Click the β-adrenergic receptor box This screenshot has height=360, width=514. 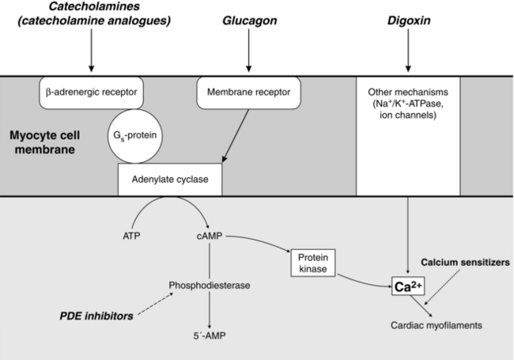click(x=91, y=93)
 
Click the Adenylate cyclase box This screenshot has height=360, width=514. click(x=168, y=180)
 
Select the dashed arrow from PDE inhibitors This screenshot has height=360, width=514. click(x=157, y=305)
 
